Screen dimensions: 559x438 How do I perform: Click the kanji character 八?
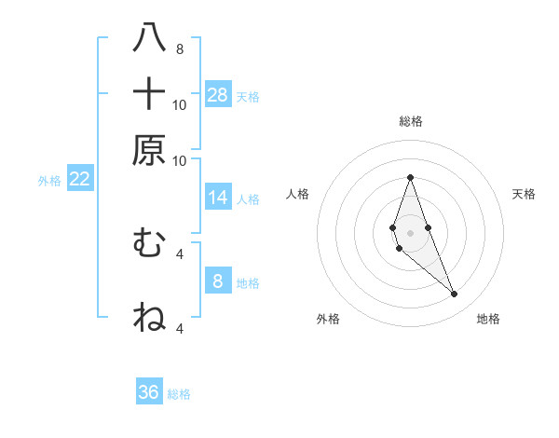(149, 39)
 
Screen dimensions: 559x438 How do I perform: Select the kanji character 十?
(149, 94)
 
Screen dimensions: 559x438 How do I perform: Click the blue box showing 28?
(218, 94)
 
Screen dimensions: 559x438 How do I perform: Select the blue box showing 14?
(218, 197)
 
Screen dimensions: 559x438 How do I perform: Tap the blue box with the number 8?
(218, 281)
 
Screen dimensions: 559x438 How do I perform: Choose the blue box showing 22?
(79, 179)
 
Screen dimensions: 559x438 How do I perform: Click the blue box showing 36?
(149, 392)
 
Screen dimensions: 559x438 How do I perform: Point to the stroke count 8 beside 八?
(180, 48)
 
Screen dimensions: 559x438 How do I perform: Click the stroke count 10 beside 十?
(180, 104)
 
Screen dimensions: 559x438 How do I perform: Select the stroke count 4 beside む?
(180, 253)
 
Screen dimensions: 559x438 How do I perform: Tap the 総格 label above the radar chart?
(411, 121)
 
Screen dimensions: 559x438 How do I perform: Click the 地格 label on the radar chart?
(488, 319)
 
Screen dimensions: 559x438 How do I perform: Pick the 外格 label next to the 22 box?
(49, 181)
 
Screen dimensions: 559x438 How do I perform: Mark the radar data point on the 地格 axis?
(454, 294)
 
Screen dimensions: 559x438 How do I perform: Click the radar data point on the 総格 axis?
(410, 177)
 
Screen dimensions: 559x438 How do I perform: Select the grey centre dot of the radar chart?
(410, 233)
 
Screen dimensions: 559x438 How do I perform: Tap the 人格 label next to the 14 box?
(249, 198)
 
